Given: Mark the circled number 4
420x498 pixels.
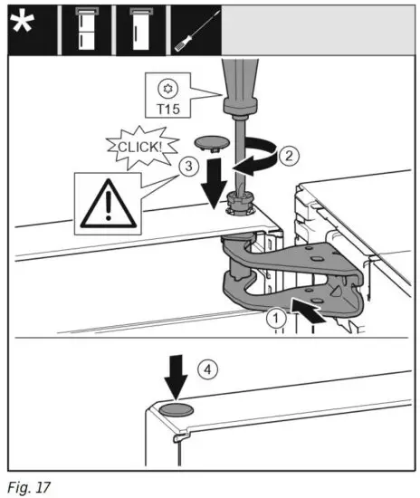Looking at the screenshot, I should (x=210, y=369).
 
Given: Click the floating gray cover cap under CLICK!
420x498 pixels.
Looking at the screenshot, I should (x=213, y=146).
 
